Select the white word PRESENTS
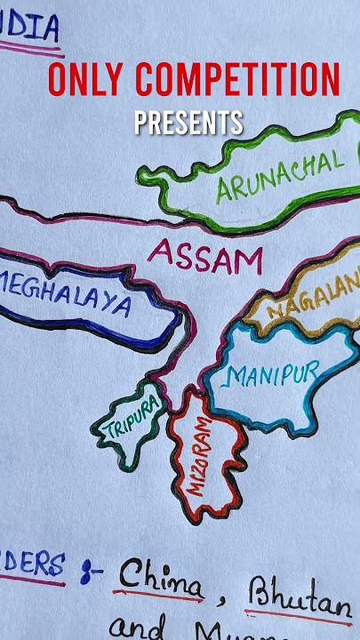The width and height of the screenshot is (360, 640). tap(188, 122)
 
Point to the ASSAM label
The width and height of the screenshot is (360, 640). tap(205, 256)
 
